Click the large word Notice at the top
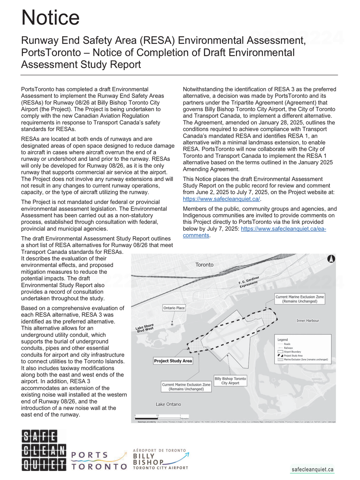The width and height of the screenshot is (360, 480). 50,17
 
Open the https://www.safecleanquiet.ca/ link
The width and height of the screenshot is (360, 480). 221,199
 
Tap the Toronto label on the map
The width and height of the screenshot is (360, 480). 204,265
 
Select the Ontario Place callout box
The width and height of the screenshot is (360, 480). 174,308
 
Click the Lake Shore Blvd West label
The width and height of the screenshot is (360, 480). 145,328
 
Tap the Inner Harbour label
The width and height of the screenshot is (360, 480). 307,321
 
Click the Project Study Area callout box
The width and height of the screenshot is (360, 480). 173,361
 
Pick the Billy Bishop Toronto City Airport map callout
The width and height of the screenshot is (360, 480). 230,381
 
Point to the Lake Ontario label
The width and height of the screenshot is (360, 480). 168,404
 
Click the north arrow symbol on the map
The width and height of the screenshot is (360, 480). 331,259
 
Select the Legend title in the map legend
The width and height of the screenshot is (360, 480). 283,340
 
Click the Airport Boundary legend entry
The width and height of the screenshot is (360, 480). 292,352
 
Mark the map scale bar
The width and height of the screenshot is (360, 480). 157,417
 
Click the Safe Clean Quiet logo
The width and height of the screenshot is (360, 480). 44,450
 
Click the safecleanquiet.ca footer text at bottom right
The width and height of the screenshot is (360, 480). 312,469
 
